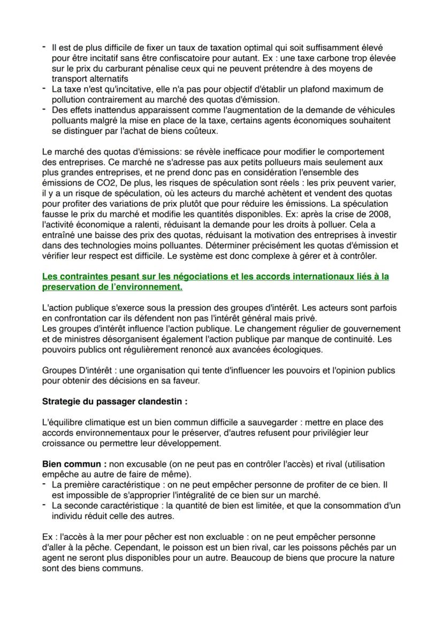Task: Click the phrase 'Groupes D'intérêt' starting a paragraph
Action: [75, 370]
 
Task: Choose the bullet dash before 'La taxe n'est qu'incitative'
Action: [44, 89]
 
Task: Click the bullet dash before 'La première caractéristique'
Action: [44, 485]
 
